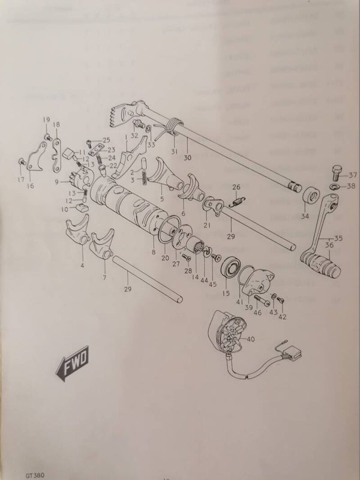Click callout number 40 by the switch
(250, 340)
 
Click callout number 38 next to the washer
(352, 186)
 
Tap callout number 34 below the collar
(305, 217)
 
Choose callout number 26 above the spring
(236, 187)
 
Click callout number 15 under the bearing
(226, 293)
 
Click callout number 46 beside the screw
(258, 311)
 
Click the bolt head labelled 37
(335, 173)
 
